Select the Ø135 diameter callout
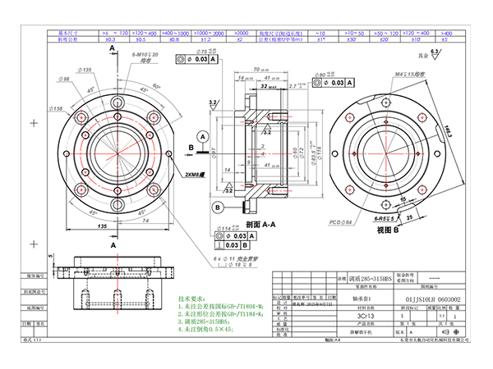[x=83, y=70]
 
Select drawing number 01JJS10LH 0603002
[x=426, y=300]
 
